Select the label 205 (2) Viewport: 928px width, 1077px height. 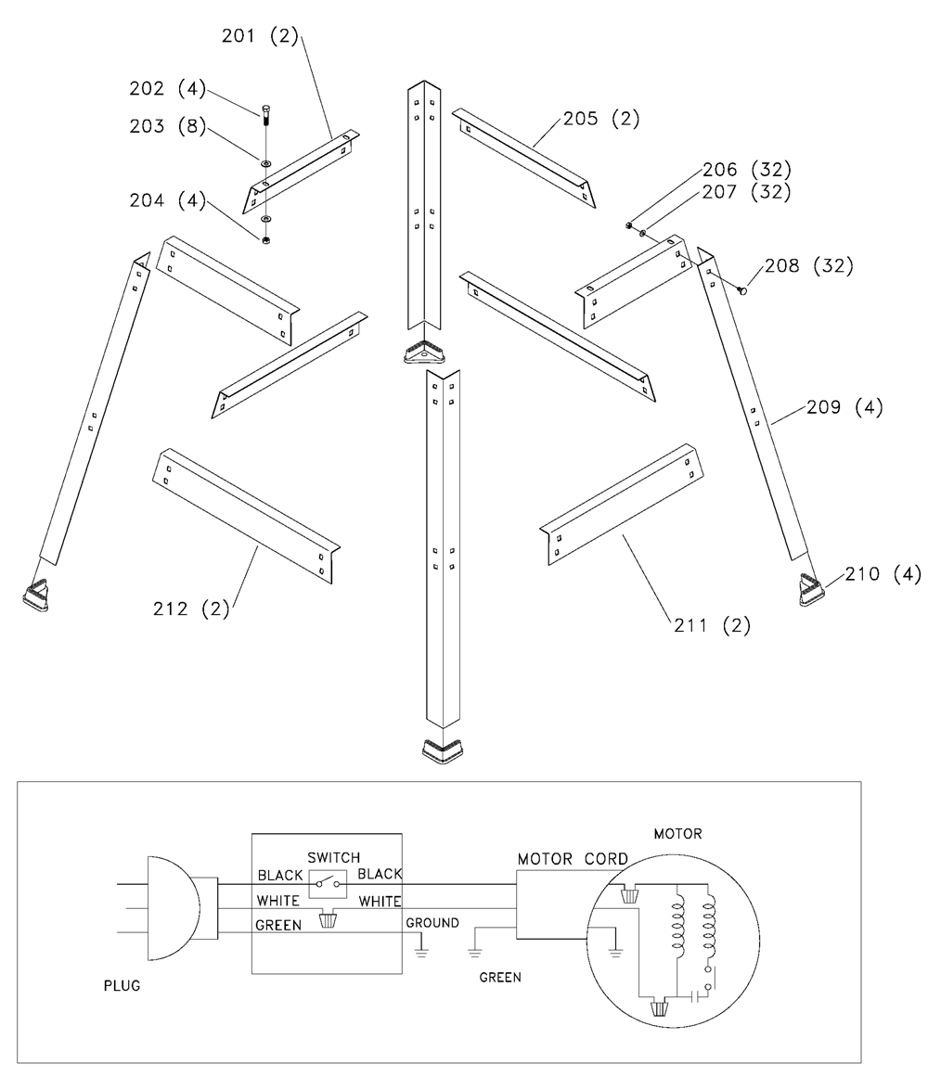(x=600, y=119)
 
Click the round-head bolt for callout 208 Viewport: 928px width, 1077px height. (x=742, y=291)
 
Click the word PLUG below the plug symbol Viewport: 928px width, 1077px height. (x=122, y=986)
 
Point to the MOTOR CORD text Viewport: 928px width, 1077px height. (x=573, y=859)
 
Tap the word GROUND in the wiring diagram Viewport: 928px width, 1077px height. (x=432, y=923)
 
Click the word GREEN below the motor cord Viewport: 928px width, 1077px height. (x=500, y=977)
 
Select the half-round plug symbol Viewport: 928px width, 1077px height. (x=173, y=906)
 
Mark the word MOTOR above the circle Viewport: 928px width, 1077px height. (x=677, y=834)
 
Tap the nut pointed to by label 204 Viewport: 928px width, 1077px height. (x=266, y=241)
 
